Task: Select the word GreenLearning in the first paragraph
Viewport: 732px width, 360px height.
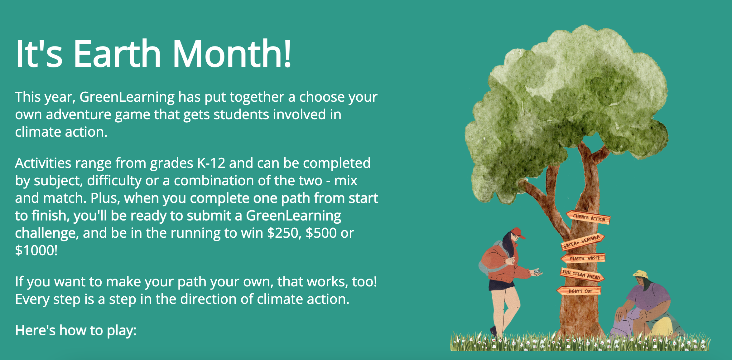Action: [127, 97]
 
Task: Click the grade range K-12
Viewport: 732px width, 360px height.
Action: [211, 163]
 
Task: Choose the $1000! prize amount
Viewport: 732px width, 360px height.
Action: [36, 251]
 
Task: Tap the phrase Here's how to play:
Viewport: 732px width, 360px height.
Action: [76, 331]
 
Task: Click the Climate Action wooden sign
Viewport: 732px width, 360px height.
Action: [588, 217]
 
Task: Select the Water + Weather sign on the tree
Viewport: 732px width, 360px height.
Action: [582, 241]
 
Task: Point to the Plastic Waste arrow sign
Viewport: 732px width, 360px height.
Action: [583, 258]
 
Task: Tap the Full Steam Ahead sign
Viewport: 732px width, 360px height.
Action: [582, 275]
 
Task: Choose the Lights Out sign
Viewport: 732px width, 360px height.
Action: [579, 291]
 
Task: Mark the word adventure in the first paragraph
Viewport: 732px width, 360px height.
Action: [78, 114]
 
